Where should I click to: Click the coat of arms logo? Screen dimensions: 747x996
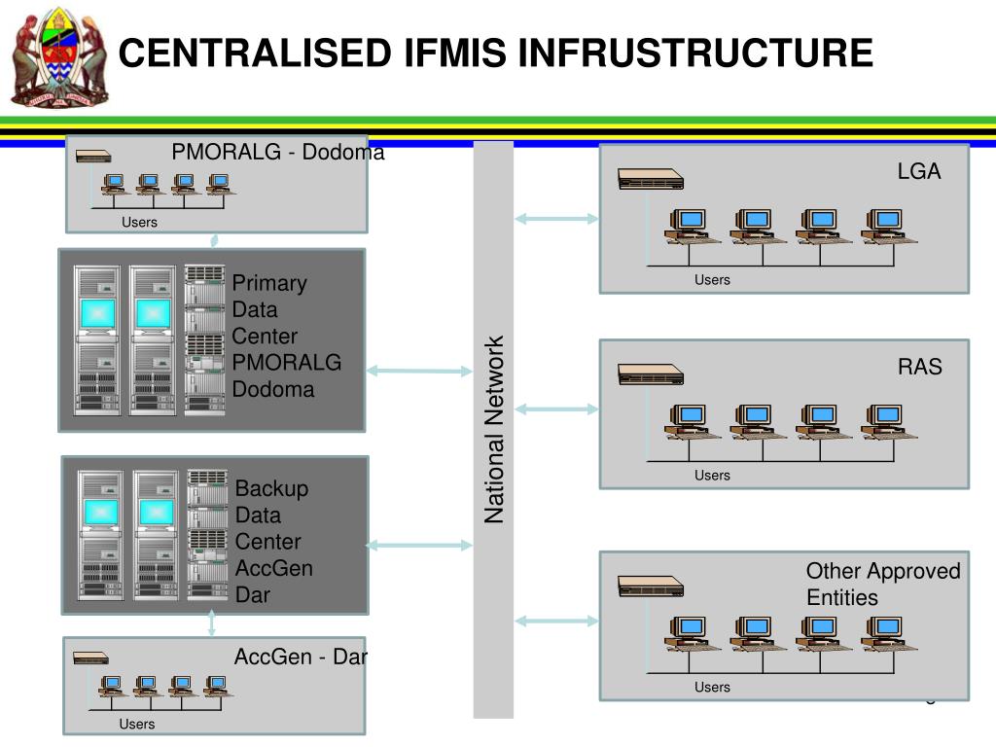[57, 58]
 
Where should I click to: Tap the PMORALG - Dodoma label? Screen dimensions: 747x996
[278, 152]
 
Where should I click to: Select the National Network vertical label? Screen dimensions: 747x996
[495, 429]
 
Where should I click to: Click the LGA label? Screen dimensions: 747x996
[919, 171]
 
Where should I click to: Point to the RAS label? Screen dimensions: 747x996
[919, 367]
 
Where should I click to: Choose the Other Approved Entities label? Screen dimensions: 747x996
[882, 584]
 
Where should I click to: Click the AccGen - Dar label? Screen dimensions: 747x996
[301, 657]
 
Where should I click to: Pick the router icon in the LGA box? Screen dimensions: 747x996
[651, 179]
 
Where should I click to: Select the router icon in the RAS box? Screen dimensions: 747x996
[651, 374]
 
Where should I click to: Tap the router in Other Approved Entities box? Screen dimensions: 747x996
[651, 587]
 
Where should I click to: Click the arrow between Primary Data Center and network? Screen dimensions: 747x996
[419, 371]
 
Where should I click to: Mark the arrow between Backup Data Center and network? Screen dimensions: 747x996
[419, 546]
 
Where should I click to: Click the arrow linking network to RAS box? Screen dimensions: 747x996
[556, 409]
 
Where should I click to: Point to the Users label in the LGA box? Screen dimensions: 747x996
[712, 280]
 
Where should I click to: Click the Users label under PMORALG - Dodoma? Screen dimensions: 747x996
[139, 223]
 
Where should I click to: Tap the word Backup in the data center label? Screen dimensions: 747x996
[271, 488]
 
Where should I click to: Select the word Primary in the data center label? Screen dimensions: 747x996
[269, 283]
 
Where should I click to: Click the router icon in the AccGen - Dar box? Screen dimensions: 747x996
[89, 658]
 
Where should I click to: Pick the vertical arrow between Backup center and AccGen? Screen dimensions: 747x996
[212, 625]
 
